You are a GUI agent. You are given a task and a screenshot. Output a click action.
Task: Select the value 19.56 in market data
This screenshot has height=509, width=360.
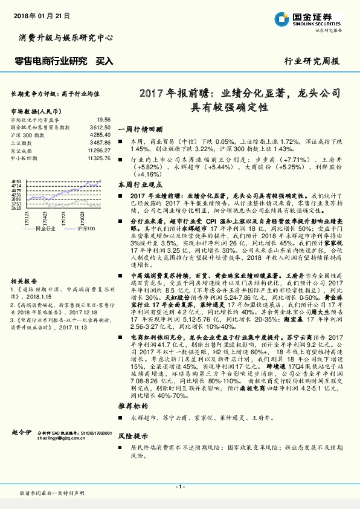(103, 120)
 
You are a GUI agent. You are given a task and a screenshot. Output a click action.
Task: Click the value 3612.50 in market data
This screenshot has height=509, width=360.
(99, 128)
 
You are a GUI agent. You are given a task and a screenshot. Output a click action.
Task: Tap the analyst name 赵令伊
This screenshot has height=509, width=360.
(21, 433)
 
